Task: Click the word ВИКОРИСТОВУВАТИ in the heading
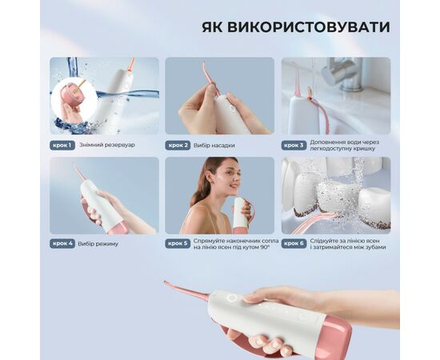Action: click(308, 27)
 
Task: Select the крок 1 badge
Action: click(62, 146)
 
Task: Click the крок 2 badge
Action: click(178, 146)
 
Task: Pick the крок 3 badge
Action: click(294, 146)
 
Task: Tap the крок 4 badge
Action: click(62, 243)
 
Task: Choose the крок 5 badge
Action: click(178, 243)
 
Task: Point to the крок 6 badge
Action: click(294, 243)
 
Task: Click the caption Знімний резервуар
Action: click(107, 145)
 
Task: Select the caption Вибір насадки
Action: click(214, 146)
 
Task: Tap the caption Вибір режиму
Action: click(98, 244)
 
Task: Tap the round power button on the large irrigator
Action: click(232, 298)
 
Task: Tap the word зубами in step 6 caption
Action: click(374, 247)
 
